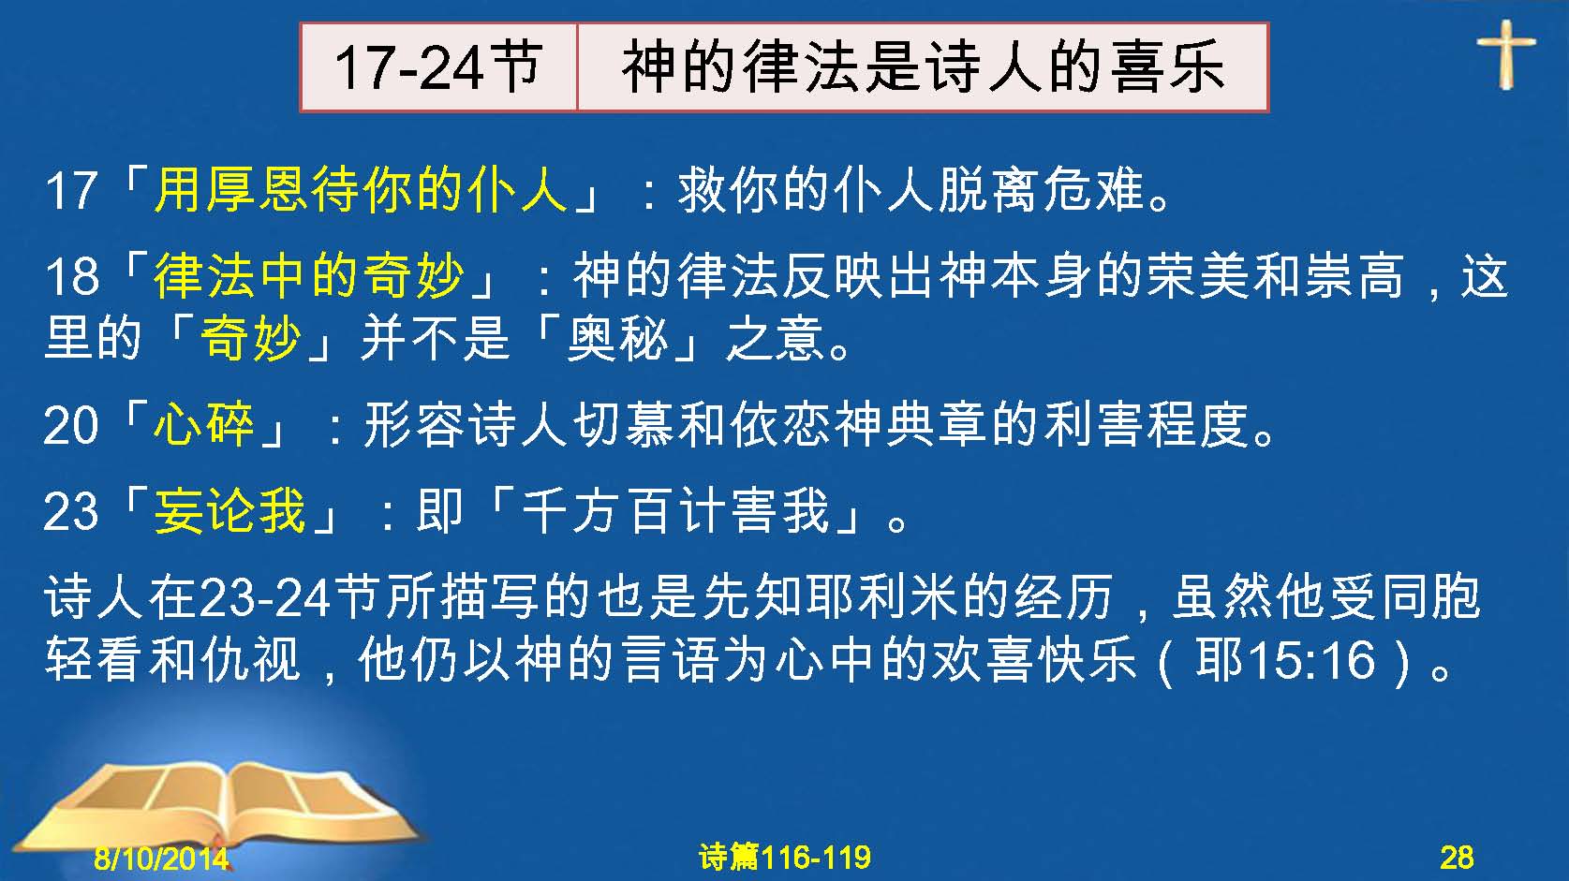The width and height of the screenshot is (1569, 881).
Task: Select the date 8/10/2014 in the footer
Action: (x=161, y=858)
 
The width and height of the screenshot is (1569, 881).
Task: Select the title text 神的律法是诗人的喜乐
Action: (x=924, y=67)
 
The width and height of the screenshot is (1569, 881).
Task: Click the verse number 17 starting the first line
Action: (x=70, y=190)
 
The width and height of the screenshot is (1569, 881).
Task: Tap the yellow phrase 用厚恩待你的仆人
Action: (x=361, y=189)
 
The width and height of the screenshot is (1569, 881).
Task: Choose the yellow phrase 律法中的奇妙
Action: (x=308, y=274)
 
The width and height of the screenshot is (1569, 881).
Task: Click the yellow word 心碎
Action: (x=204, y=424)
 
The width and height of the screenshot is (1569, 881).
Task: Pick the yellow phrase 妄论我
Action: (x=229, y=510)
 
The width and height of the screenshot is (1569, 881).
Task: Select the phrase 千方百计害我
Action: (x=676, y=510)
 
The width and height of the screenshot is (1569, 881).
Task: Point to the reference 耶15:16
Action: (x=1285, y=660)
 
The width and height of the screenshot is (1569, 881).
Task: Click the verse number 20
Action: (x=70, y=426)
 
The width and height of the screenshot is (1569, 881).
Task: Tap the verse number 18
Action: (x=71, y=276)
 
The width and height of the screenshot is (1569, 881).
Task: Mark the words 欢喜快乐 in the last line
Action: (x=1032, y=660)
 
